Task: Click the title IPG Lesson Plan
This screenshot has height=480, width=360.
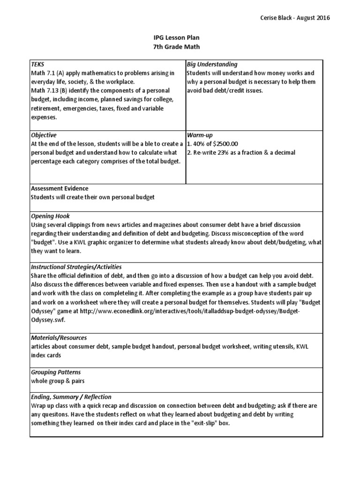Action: [180, 37]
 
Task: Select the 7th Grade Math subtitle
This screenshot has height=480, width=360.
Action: [180, 46]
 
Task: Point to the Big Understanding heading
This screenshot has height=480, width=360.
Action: [212, 64]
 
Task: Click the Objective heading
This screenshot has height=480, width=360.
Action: [44, 135]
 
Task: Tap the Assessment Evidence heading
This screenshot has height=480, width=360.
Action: [59, 188]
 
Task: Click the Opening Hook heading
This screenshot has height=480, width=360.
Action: [50, 216]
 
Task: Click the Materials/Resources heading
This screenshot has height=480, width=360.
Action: [59, 337]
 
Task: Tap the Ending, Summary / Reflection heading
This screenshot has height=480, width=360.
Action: [71, 397]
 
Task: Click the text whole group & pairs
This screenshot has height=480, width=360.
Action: [58, 381]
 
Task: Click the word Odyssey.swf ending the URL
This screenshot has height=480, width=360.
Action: [48, 320]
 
